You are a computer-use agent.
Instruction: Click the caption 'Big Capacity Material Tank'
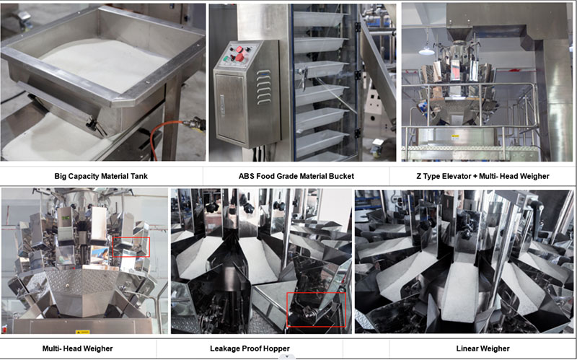coord(101,176)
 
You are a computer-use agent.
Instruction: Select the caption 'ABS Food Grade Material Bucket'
coord(296,176)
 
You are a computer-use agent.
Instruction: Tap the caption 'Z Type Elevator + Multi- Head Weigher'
coord(483,176)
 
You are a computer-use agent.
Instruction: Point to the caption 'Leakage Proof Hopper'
coord(250,348)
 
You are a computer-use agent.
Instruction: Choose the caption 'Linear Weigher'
coord(483,348)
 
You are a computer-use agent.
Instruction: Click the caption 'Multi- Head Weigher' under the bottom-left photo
coord(77,348)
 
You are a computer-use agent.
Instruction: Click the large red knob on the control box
coord(240,58)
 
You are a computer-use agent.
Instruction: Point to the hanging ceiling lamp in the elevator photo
coord(427,51)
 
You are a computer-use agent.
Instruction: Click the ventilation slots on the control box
coord(263,87)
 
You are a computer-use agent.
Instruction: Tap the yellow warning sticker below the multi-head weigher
coord(82,332)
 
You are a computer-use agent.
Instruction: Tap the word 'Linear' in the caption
coord(467,348)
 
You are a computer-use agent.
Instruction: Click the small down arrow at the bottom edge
coord(287,356)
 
